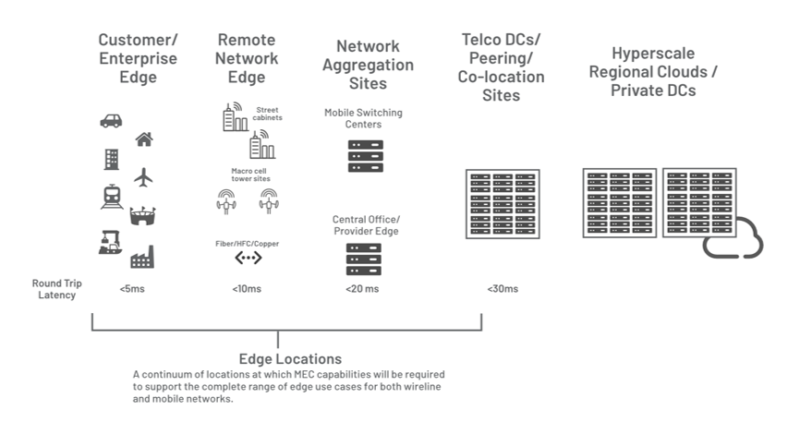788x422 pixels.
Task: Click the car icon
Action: point(111,121)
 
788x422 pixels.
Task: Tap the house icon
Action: point(144,139)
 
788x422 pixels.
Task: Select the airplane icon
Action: point(144,177)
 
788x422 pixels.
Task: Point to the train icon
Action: point(112,197)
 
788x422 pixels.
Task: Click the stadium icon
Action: point(142,215)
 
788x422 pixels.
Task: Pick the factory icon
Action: point(142,257)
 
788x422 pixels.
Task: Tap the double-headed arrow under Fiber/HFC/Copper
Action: point(249,258)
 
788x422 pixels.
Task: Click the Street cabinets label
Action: point(267,114)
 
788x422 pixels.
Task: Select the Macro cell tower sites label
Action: point(250,175)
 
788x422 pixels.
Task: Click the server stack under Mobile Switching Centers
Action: point(365,156)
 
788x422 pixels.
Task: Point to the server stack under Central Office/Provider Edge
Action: point(364,259)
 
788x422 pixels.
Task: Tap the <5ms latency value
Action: point(132,289)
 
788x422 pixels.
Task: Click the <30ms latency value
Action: point(503,289)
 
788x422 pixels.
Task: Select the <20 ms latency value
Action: point(362,289)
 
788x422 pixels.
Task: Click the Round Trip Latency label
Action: point(56,289)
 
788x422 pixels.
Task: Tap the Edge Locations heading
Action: point(290,358)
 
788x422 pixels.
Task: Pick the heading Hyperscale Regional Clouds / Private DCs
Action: point(653,72)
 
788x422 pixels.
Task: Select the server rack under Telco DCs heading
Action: point(503,204)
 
